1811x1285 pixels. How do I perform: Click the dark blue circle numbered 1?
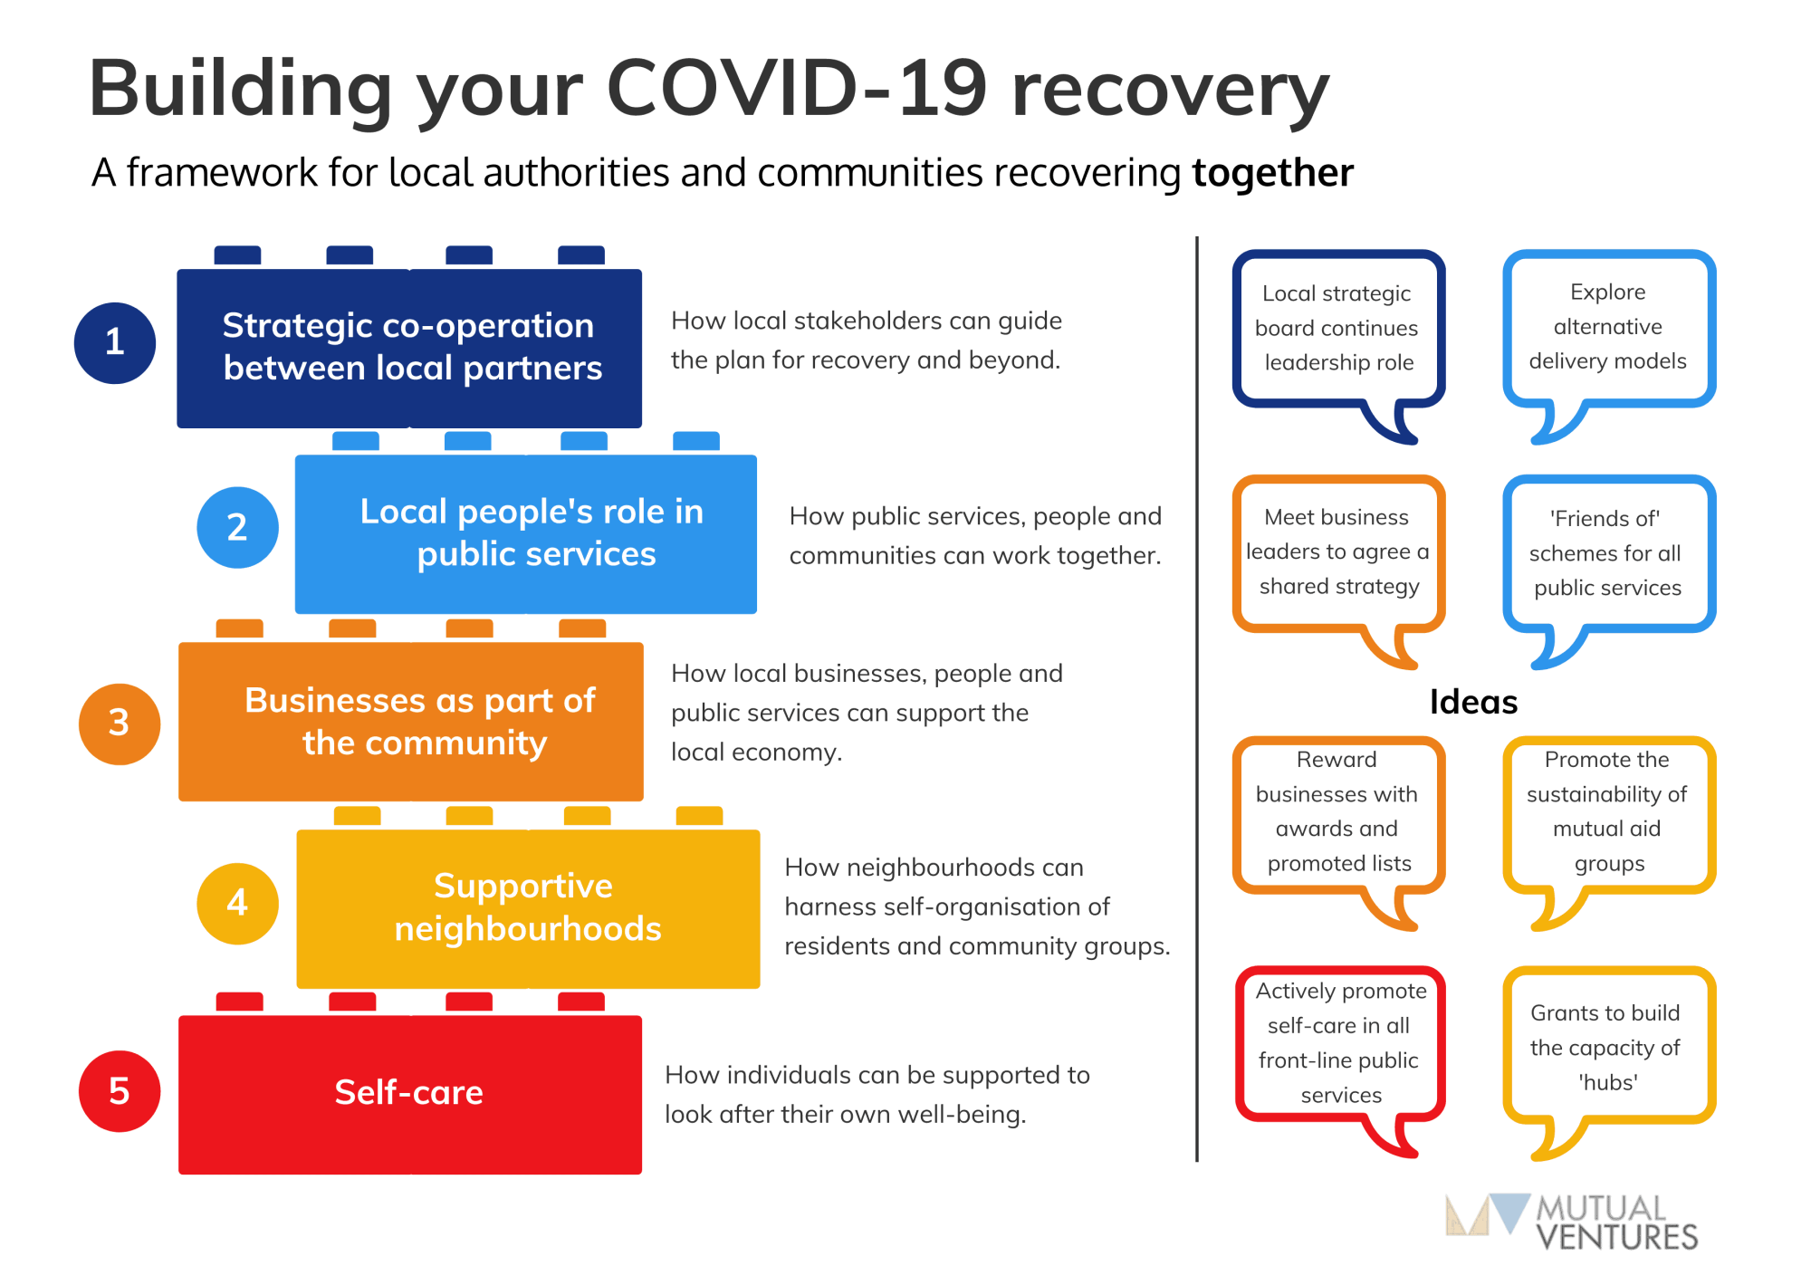[x=115, y=343]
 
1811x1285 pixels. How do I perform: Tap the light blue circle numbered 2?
[x=237, y=528]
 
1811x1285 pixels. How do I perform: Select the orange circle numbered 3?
[x=120, y=724]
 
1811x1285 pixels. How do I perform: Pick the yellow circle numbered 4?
[x=237, y=903]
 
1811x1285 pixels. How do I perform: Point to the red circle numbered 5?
[x=120, y=1091]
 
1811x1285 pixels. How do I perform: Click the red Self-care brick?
[x=409, y=1094]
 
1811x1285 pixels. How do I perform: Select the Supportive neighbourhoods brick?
[x=528, y=907]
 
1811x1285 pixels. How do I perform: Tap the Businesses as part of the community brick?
[x=410, y=721]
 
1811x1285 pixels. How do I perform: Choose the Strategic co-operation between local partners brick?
[x=409, y=348]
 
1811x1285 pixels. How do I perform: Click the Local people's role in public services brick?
[x=526, y=533]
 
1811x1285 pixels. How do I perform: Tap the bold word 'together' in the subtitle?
[x=1272, y=173]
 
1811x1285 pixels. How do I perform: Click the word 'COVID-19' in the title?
[x=796, y=89]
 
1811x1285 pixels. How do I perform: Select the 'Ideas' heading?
[x=1473, y=702]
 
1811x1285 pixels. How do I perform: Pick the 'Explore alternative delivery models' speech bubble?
[x=1608, y=327]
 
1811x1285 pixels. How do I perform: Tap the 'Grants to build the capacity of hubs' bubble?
[x=1608, y=1047]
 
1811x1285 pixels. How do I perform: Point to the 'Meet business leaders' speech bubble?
[x=1338, y=551]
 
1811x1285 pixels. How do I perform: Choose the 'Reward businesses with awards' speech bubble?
[x=1338, y=812]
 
